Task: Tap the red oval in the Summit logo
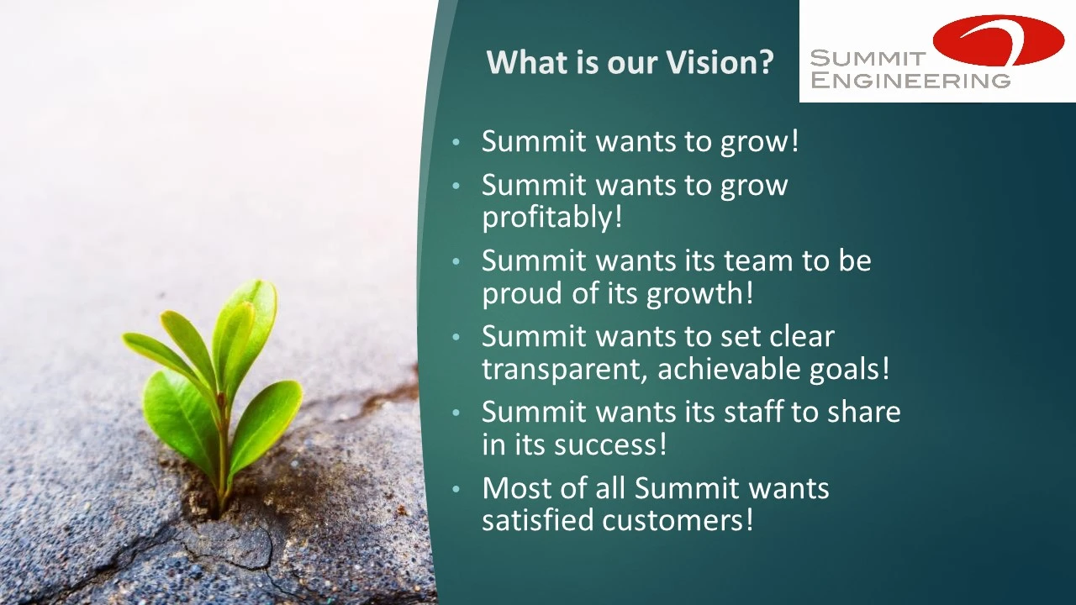(1000, 40)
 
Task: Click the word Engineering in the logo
(910, 80)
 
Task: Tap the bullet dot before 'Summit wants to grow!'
(456, 142)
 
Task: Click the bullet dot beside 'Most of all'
(456, 489)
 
